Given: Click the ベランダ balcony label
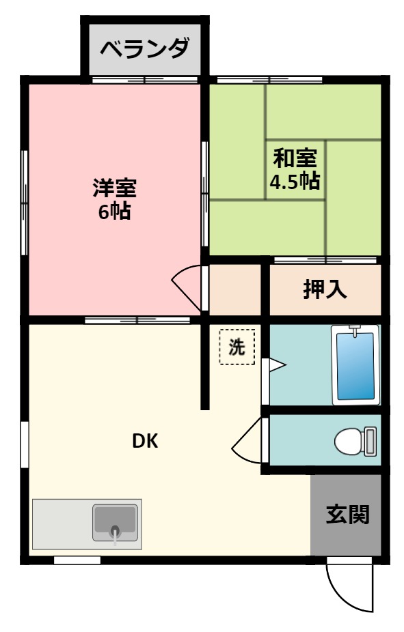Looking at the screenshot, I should [144, 49].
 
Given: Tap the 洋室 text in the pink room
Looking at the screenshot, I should [114, 187].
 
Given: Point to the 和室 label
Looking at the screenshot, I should [295, 158].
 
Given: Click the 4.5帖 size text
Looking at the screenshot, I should [295, 182].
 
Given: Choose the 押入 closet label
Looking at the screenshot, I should [325, 289].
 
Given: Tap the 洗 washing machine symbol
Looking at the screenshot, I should [237, 347].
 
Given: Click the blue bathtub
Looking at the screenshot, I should [354, 367].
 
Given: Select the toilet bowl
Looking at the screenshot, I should [347, 442].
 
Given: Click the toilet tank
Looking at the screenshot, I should [370, 442].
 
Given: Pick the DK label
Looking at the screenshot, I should [145, 442].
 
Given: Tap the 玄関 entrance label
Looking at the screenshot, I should [347, 514].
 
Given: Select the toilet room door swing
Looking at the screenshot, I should [246, 444].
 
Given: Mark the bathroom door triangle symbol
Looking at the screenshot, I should [276, 366].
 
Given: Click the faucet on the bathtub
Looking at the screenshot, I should [354, 331].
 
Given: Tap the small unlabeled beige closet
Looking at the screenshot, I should [235, 289].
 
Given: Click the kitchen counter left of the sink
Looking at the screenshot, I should [62, 523].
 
